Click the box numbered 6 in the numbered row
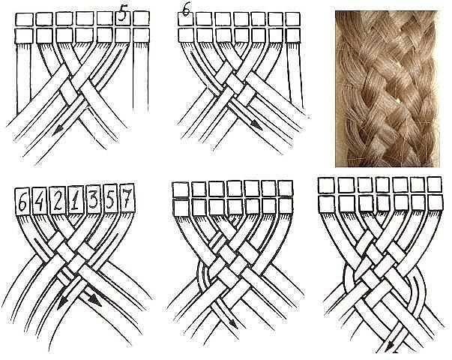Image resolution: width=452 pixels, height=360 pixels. [22, 201]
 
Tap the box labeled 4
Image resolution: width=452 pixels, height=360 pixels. [40, 201]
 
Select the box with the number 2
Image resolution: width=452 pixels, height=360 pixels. [58, 200]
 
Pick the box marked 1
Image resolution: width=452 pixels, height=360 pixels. [76, 199]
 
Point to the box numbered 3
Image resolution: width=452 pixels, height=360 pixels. [93, 199]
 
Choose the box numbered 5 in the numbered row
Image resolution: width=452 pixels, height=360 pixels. [110, 199]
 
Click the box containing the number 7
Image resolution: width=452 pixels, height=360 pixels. [127, 198]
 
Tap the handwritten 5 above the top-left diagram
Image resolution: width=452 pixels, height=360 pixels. [122, 13]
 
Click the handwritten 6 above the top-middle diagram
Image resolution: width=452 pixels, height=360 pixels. [187, 12]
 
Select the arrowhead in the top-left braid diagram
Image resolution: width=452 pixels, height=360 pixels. [58, 131]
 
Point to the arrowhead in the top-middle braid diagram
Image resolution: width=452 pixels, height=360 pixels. [256, 124]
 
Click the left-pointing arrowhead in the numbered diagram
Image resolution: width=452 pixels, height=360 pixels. [61, 304]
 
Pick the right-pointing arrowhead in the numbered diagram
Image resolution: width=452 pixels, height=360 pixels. [95, 301]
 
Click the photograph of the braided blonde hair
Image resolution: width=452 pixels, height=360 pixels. [387, 88]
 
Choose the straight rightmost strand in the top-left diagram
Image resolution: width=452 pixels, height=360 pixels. [141, 77]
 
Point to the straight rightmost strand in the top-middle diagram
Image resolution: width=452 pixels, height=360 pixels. [295, 76]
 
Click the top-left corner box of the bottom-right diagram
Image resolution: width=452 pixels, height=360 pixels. [326, 185]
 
